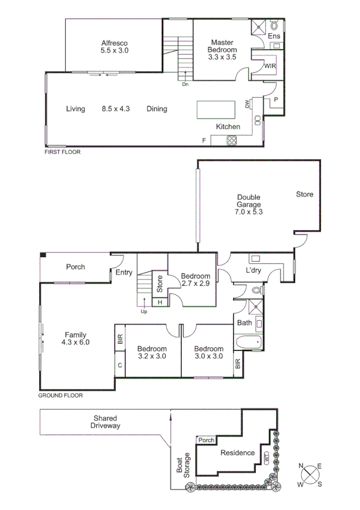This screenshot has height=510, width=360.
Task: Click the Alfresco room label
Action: tap(114, 47)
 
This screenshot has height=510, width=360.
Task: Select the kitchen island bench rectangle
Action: tap(217, 110)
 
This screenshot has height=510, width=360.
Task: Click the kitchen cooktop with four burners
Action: tap(232, 140)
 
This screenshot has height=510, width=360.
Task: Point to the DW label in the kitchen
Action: tap(247, 104)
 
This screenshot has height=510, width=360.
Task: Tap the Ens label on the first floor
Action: tap(274, 37)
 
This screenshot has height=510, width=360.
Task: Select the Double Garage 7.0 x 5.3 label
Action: tap(249, 204)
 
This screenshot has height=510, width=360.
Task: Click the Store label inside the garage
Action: tap(304, 194)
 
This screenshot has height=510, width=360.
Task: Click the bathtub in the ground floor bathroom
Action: tap(248, 343)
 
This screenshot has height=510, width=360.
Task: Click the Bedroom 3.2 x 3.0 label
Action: tap(151, 352)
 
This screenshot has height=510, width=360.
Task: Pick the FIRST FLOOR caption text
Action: tap(63, 152)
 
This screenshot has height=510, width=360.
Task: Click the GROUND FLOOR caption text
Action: tap(60, 396)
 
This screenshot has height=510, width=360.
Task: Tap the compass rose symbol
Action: tap(311, 473)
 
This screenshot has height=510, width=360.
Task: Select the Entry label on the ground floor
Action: tap(125, 273)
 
